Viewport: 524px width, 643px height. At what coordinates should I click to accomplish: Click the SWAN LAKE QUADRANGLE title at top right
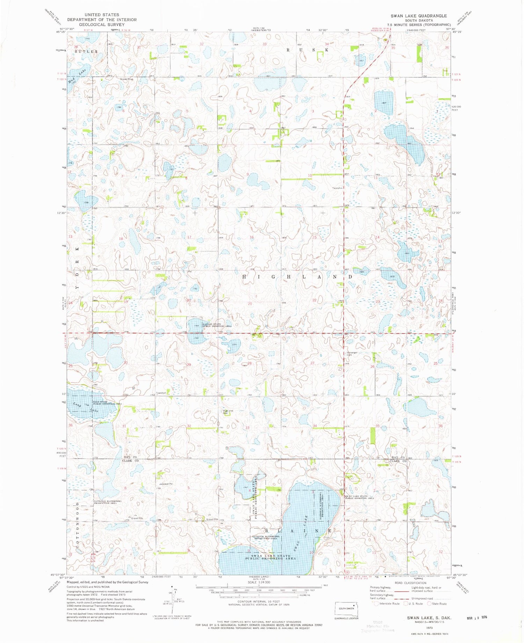(419, 16)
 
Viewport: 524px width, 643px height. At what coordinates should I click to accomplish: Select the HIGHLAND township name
(297, 277)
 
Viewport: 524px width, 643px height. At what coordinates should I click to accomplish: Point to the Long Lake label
(84, 407)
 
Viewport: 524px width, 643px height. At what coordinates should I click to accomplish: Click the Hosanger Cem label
(351, 354)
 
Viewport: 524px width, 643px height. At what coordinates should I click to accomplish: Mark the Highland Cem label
(228, 412)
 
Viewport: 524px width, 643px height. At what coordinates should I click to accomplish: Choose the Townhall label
(161, 393)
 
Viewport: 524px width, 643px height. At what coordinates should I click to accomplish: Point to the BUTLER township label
(86, 51)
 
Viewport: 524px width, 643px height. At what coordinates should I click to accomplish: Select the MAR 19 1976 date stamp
(476, 618)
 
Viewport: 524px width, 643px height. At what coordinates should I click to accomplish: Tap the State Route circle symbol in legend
(429, 604)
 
